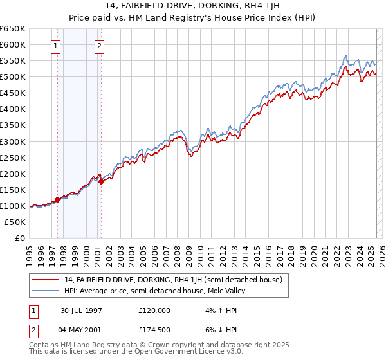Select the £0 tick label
coord(19,238)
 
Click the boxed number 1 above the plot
coord(57,46)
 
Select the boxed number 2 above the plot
coord(100,46)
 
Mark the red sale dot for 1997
coord(57,199)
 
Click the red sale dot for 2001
coord(101,181)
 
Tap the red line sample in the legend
coord(46,280)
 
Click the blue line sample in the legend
coord(46,291)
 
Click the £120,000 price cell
coord(154,310)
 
